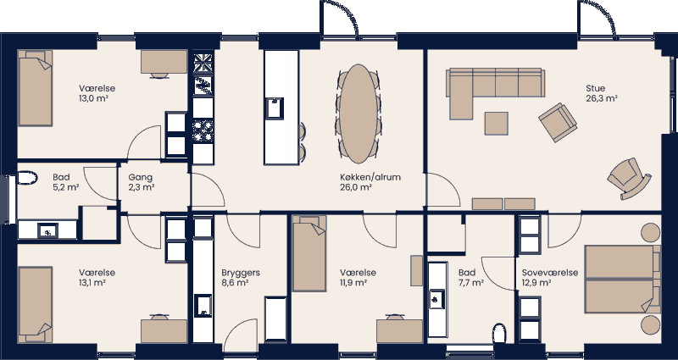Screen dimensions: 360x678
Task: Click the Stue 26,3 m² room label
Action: click(x=601, y=92)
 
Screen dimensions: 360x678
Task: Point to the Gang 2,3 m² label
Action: click(x=141, y=182)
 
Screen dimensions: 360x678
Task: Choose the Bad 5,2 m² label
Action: click(x=66, y=182)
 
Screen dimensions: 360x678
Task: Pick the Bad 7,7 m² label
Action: click(x=470, y=278)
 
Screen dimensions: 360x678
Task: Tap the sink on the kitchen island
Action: click(x=275, y=108)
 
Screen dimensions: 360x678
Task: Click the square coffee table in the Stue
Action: click(x=497, y=123)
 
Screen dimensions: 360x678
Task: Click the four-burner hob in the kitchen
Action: click(x=203, y=129)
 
